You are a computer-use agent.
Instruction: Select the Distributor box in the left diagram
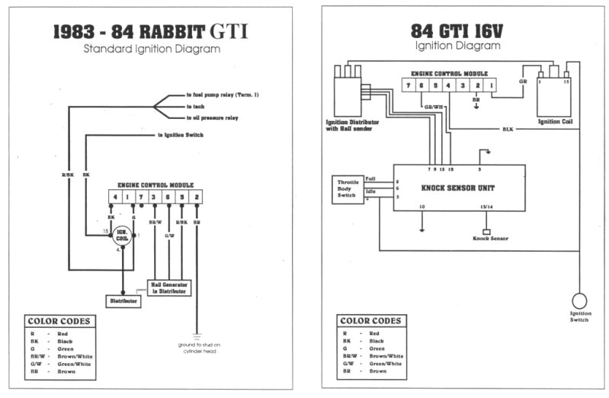pos(122,301)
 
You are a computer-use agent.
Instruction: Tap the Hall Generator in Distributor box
pos(170,287)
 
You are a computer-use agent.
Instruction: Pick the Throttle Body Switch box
pos(348,188)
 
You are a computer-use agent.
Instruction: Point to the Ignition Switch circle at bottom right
pos(579,300)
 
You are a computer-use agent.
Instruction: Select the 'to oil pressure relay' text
pos(213,118)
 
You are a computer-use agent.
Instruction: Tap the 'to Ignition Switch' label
pos(185,135)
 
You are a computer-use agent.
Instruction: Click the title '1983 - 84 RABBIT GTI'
pos(150,32)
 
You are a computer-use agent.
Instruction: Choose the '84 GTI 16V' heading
pos(457,30)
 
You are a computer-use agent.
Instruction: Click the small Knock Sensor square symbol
pos(486,231)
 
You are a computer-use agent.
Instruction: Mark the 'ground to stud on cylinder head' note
pos(197,348)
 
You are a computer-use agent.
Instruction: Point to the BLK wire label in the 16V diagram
pos(507,129)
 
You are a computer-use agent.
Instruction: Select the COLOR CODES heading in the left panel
pos(59,321)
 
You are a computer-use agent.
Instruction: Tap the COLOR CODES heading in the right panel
pos(372,321)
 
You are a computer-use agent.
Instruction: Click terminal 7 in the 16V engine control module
pos(409,85)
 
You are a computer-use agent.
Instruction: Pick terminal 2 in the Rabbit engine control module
pos(196,197)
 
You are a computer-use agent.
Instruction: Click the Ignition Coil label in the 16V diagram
pos(555,120)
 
